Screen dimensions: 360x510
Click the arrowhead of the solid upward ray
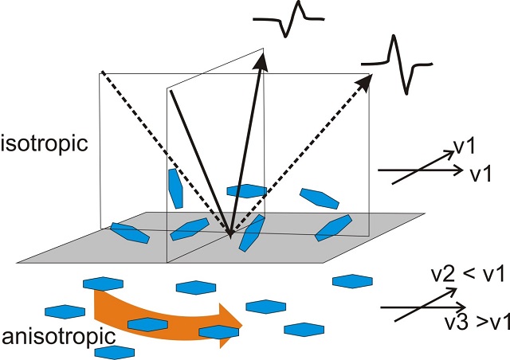(x=262, y=57)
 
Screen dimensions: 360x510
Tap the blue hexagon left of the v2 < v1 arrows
(x=351, y=280)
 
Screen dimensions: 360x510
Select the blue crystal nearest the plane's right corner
(x=334, y=227)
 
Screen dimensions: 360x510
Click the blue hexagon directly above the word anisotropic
(x=65, y=311)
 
